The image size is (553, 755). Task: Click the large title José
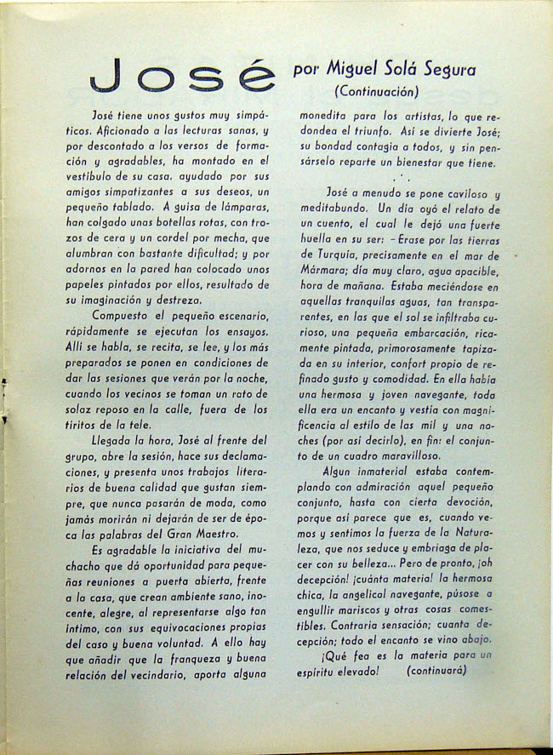click(182, 77)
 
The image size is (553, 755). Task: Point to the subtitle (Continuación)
click(377, 91)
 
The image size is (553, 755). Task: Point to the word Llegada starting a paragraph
click(117, 440)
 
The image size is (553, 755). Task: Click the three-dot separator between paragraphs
click(398, 179)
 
